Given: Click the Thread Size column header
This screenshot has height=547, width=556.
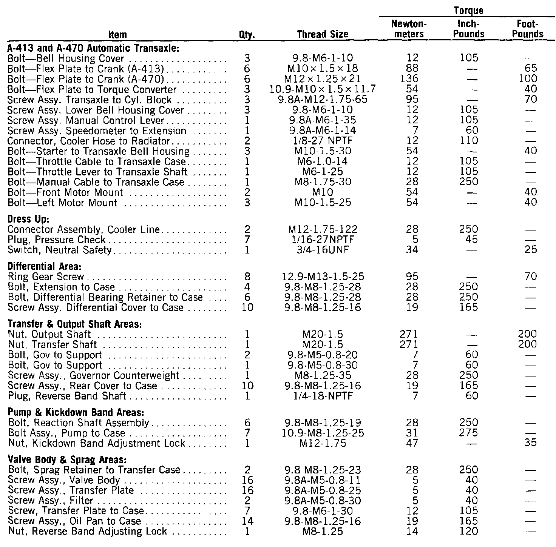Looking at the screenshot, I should pos(323,34).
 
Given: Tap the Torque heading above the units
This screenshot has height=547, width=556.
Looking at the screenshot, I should pos(469,11).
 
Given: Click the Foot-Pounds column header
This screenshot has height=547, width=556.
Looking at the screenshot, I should pos(528,29).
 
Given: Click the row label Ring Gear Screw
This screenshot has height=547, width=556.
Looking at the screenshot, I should pos(46,277).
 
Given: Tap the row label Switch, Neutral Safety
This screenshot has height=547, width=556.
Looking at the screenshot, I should pos(60,250).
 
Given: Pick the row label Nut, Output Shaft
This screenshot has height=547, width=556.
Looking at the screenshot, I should pos(49,334).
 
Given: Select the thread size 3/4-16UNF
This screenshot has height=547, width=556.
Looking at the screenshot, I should pos(322,250).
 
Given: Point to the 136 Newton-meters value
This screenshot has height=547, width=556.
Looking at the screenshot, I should pos(409,79).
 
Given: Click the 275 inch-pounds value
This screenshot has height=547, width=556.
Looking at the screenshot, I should pos(469,433).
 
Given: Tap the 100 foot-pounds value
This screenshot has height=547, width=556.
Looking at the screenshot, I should pos(528,79).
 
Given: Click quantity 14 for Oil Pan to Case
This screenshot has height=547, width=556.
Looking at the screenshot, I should pos(247,521).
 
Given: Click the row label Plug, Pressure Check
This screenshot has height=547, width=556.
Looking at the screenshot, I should pos(57,240).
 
